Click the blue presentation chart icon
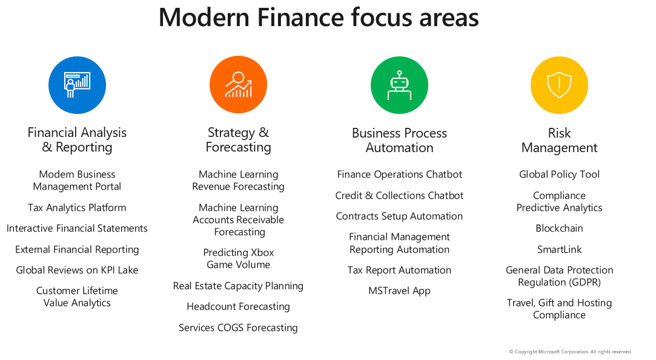[77, 85]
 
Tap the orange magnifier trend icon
[239, 85]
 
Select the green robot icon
[400, 85]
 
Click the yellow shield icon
[559, 85]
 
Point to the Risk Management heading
[559, 140]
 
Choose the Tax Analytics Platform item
[77, 208]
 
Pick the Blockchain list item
[559, 228]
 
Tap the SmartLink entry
[559, 250]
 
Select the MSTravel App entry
[400, 291]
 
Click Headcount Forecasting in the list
[239, 307]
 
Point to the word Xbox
[263, 252]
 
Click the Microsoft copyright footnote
[570, 352]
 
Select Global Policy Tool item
[559, 175]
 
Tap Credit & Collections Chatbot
[400, 196]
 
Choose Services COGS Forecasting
[239, 328]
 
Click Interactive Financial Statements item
[77, 228]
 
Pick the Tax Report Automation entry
[400, 270]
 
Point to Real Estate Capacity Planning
[239, 286]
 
